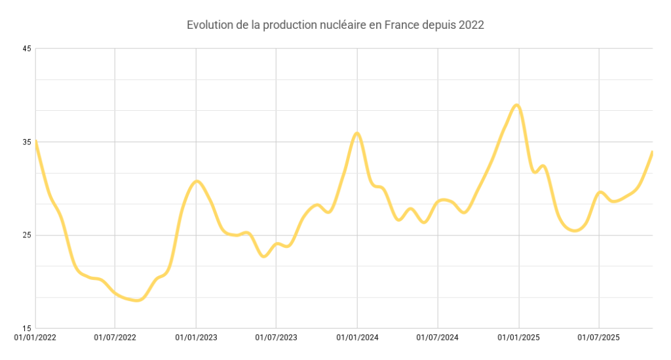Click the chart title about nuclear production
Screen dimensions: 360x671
point(335,26)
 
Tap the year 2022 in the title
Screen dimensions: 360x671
point(471,26)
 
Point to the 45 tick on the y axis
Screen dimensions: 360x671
point(27,49)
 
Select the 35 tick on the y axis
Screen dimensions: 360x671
point(27,142)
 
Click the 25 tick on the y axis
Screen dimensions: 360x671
point(27,235)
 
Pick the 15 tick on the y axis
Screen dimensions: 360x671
point(27,329)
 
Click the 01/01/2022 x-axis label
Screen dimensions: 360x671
point(35,338)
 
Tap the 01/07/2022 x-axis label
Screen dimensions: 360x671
point(115,338)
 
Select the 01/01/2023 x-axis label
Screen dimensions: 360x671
point(196,338)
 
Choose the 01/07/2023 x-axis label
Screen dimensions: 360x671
point(276,338)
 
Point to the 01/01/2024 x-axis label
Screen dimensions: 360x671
point(357,338)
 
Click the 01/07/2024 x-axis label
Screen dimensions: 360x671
point(438,338)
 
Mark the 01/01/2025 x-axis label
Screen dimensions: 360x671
point(519,338)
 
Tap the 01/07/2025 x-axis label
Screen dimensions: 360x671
point(599,338)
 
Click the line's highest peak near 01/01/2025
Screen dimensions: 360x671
point(518,105)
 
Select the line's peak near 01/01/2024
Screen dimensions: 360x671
point(357,133)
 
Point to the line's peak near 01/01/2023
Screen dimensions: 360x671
point(197,181)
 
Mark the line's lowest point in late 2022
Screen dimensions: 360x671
point(137,300)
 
